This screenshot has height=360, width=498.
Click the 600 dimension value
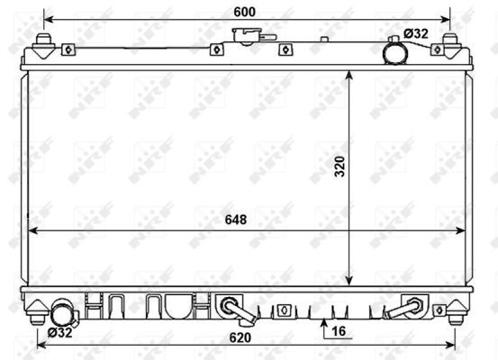tap(245, 11)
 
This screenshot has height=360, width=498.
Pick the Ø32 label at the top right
tap(416, 34)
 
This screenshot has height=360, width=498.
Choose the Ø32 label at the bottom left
tap(59, 331)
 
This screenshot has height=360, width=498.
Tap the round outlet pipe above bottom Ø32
tap(62, 315)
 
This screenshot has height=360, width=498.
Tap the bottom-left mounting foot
tap(36, 310)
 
